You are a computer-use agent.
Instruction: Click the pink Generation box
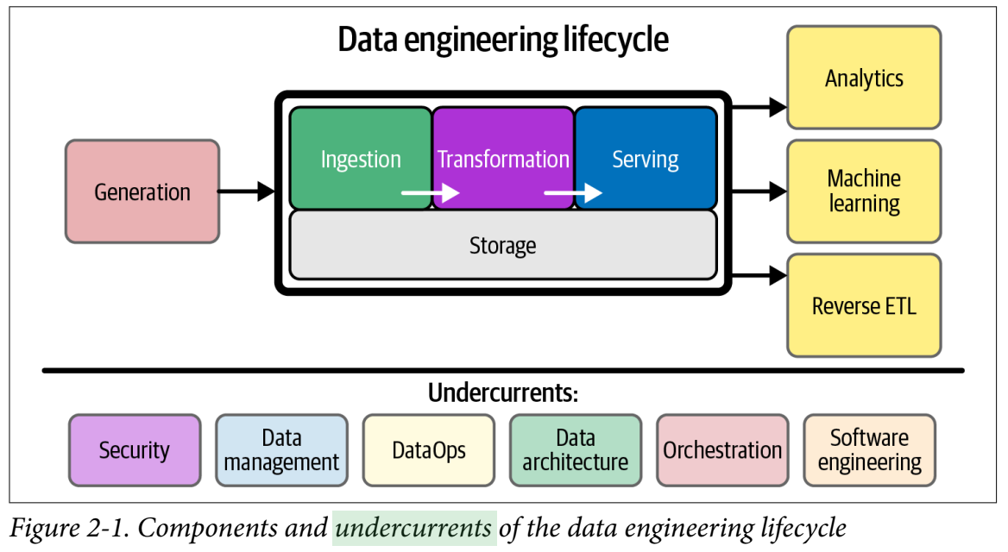[142, 191]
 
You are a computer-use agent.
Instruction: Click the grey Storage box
[503, 246]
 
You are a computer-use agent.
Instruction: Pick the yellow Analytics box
[864, 78]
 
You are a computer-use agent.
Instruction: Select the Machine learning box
[864, 191]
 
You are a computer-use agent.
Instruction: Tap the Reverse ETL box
[864, 305]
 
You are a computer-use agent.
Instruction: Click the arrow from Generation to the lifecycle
[246, 191]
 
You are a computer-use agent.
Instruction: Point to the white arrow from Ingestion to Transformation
[430, 192]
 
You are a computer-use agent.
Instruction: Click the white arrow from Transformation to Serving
[572, 192]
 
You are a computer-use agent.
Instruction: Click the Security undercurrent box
[135, 450]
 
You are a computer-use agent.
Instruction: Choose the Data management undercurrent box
[281, 450]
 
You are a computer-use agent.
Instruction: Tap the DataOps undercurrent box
[429, 450]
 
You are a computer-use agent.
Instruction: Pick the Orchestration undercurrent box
[722, 450]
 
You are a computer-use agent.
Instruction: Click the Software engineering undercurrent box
[869, 450]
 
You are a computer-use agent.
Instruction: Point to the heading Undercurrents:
[503, 393]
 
